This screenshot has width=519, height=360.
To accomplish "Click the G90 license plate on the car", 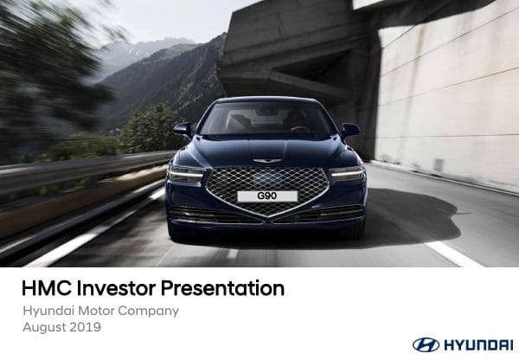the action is [267, 196].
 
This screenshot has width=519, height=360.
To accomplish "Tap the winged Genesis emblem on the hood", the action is [267, 161].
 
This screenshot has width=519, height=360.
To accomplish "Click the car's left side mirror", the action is [183, 129].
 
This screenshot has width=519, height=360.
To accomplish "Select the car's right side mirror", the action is [350, 130].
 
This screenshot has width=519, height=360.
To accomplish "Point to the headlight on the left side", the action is [186, 174].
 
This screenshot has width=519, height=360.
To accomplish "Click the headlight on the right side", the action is [348, 173].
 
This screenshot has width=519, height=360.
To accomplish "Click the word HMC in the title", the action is [47, 288].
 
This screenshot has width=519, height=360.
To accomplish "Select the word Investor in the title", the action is [116, 288].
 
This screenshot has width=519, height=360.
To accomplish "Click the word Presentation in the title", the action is [222, 288].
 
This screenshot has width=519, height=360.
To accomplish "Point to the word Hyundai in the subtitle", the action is [48, 312].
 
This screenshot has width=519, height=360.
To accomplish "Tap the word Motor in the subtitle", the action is [96, 311].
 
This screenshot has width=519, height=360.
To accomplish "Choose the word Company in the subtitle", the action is [148, 312].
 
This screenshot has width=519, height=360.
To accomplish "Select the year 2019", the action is [85, 327].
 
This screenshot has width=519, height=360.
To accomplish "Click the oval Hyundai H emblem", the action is [426, 344].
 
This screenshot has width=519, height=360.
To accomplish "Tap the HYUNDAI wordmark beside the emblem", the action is [478, 345].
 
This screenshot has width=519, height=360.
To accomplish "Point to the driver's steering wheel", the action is [299, 128].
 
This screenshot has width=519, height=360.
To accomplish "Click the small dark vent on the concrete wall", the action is [439, 164].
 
